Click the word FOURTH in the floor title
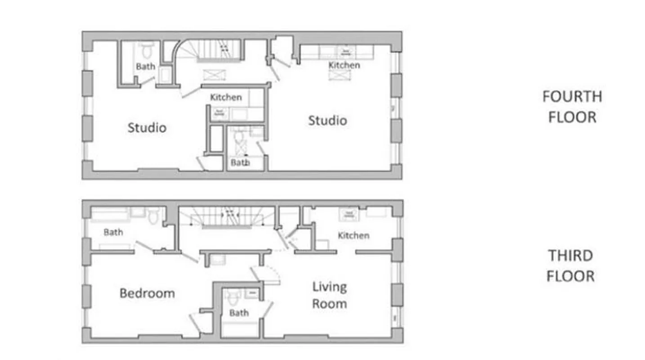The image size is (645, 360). point(572,96)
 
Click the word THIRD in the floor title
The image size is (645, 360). point(570,256)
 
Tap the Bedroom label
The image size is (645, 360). point(147,293)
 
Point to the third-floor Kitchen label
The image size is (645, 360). point(354,235)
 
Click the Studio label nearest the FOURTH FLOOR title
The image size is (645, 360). point(327,121)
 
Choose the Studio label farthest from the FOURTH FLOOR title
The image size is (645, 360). point(147,127)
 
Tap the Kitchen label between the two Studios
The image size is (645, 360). point(226,97)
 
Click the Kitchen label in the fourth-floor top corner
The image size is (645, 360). point(344,65)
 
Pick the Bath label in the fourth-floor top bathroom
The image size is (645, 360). point(145,67)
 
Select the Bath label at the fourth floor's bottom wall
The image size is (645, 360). point(240,162)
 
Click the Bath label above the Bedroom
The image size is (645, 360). point(113,232)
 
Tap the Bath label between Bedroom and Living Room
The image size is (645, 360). point(239,312)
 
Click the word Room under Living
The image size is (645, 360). point(329,304)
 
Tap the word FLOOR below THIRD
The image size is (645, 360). point(570,276)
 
